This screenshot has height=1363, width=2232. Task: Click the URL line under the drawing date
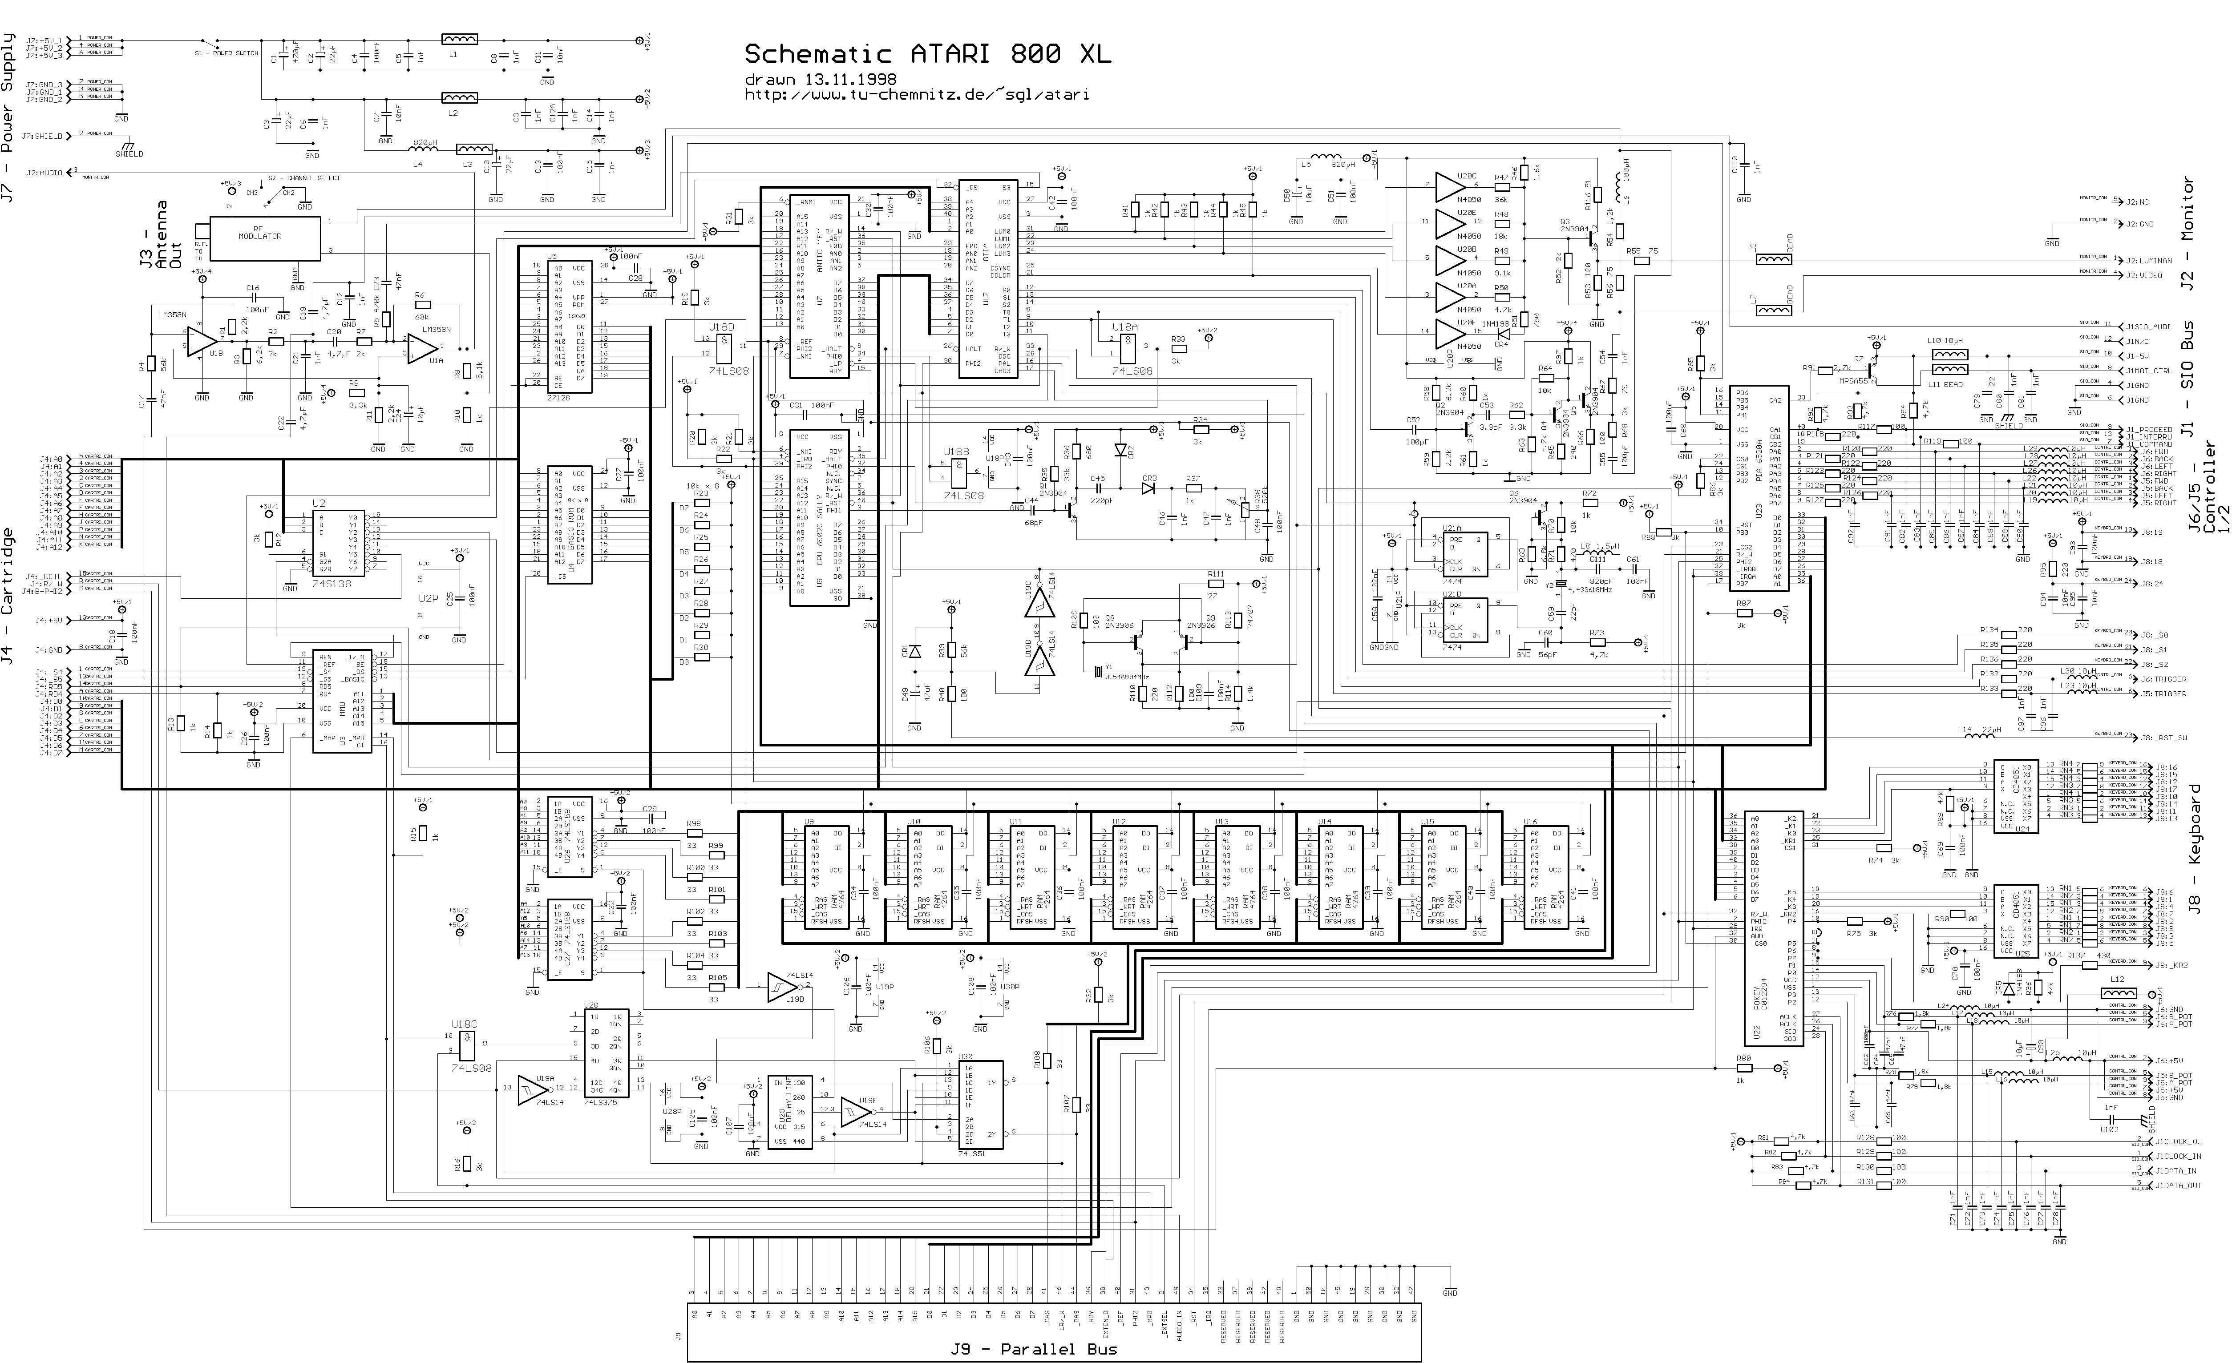pos(917,94)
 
